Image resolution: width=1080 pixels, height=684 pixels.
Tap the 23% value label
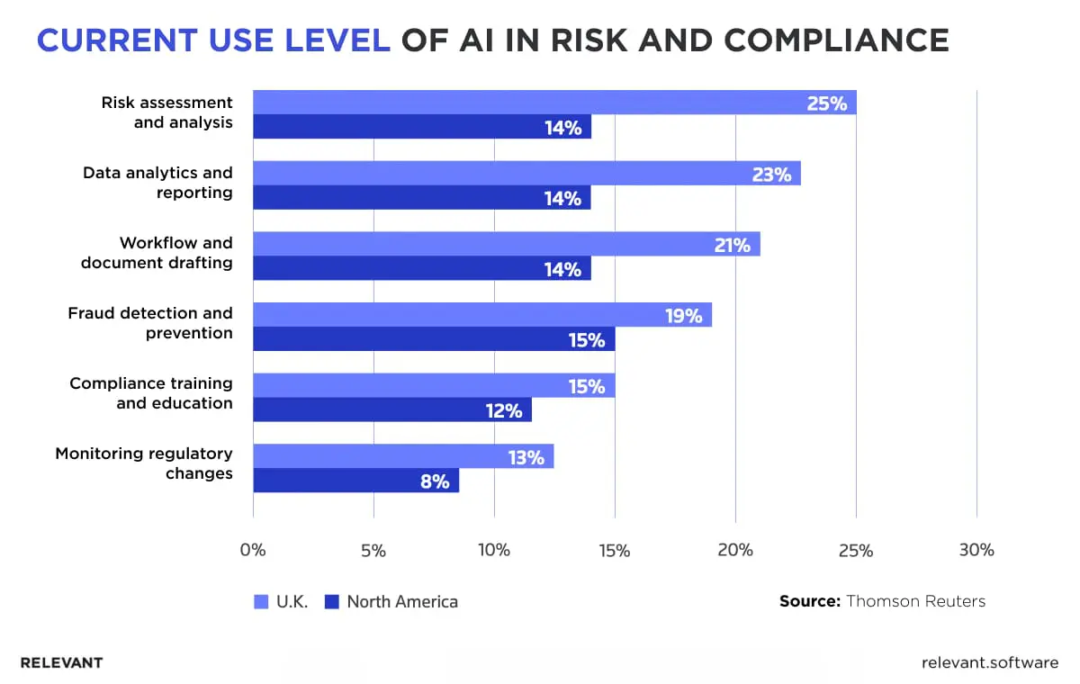click(x=771, y=174)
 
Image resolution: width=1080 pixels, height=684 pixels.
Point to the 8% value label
click(x=434, y=481)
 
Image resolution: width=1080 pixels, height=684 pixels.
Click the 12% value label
click(x=504, y=410)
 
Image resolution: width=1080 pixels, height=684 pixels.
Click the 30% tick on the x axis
click(x=976, y=550)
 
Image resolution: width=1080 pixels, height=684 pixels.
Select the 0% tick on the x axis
click(x=253, y=550)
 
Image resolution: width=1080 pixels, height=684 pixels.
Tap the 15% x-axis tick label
click(x=615, y=550)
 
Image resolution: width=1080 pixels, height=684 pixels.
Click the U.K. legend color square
click(x=261, y=602)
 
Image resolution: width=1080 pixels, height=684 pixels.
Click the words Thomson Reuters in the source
click(x=915, y=601)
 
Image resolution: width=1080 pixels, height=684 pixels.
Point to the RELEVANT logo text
click(x=61, y=663)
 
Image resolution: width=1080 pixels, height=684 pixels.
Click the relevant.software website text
click(x=990, y=663)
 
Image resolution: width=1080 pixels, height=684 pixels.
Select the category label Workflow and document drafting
click(x=157, y=253)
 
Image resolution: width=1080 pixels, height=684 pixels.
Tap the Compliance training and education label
click(x=151, y=393)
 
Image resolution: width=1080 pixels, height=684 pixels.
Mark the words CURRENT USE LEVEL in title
click(x=213, y=40)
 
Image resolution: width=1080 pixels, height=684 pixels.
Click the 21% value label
click(x=732, y=244)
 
